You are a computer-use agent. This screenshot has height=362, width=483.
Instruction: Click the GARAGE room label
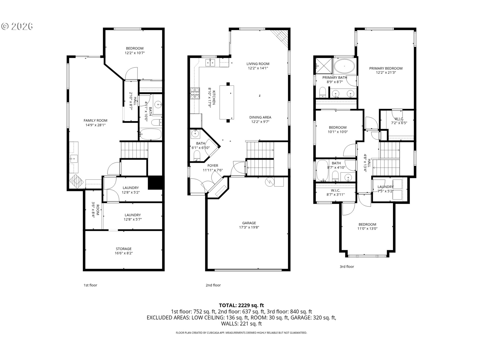[249, 223]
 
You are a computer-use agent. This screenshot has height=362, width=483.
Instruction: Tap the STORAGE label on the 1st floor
[124, 249]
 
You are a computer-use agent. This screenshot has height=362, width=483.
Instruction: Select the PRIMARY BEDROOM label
[386, 68]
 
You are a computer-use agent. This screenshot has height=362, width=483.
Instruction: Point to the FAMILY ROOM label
[95, 120]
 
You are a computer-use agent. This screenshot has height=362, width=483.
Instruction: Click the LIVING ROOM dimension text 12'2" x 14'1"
[258, 68]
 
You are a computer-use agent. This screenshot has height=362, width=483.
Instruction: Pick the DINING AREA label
[260, 117]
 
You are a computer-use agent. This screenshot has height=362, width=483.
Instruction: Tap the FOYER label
[213, 166]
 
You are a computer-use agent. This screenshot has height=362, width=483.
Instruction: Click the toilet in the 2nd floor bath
[197, 155]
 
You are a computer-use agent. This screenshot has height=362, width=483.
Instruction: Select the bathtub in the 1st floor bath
[150, 134]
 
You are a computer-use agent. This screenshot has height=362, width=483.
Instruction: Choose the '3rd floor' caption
[347, 267]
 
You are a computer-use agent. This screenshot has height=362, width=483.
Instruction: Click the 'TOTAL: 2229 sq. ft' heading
[242, 305]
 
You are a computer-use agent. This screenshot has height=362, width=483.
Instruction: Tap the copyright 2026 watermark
[17, 26]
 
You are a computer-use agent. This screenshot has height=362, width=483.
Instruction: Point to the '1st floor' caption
[90, 285]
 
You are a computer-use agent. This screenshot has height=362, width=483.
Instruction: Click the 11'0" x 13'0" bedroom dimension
[367, 229]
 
